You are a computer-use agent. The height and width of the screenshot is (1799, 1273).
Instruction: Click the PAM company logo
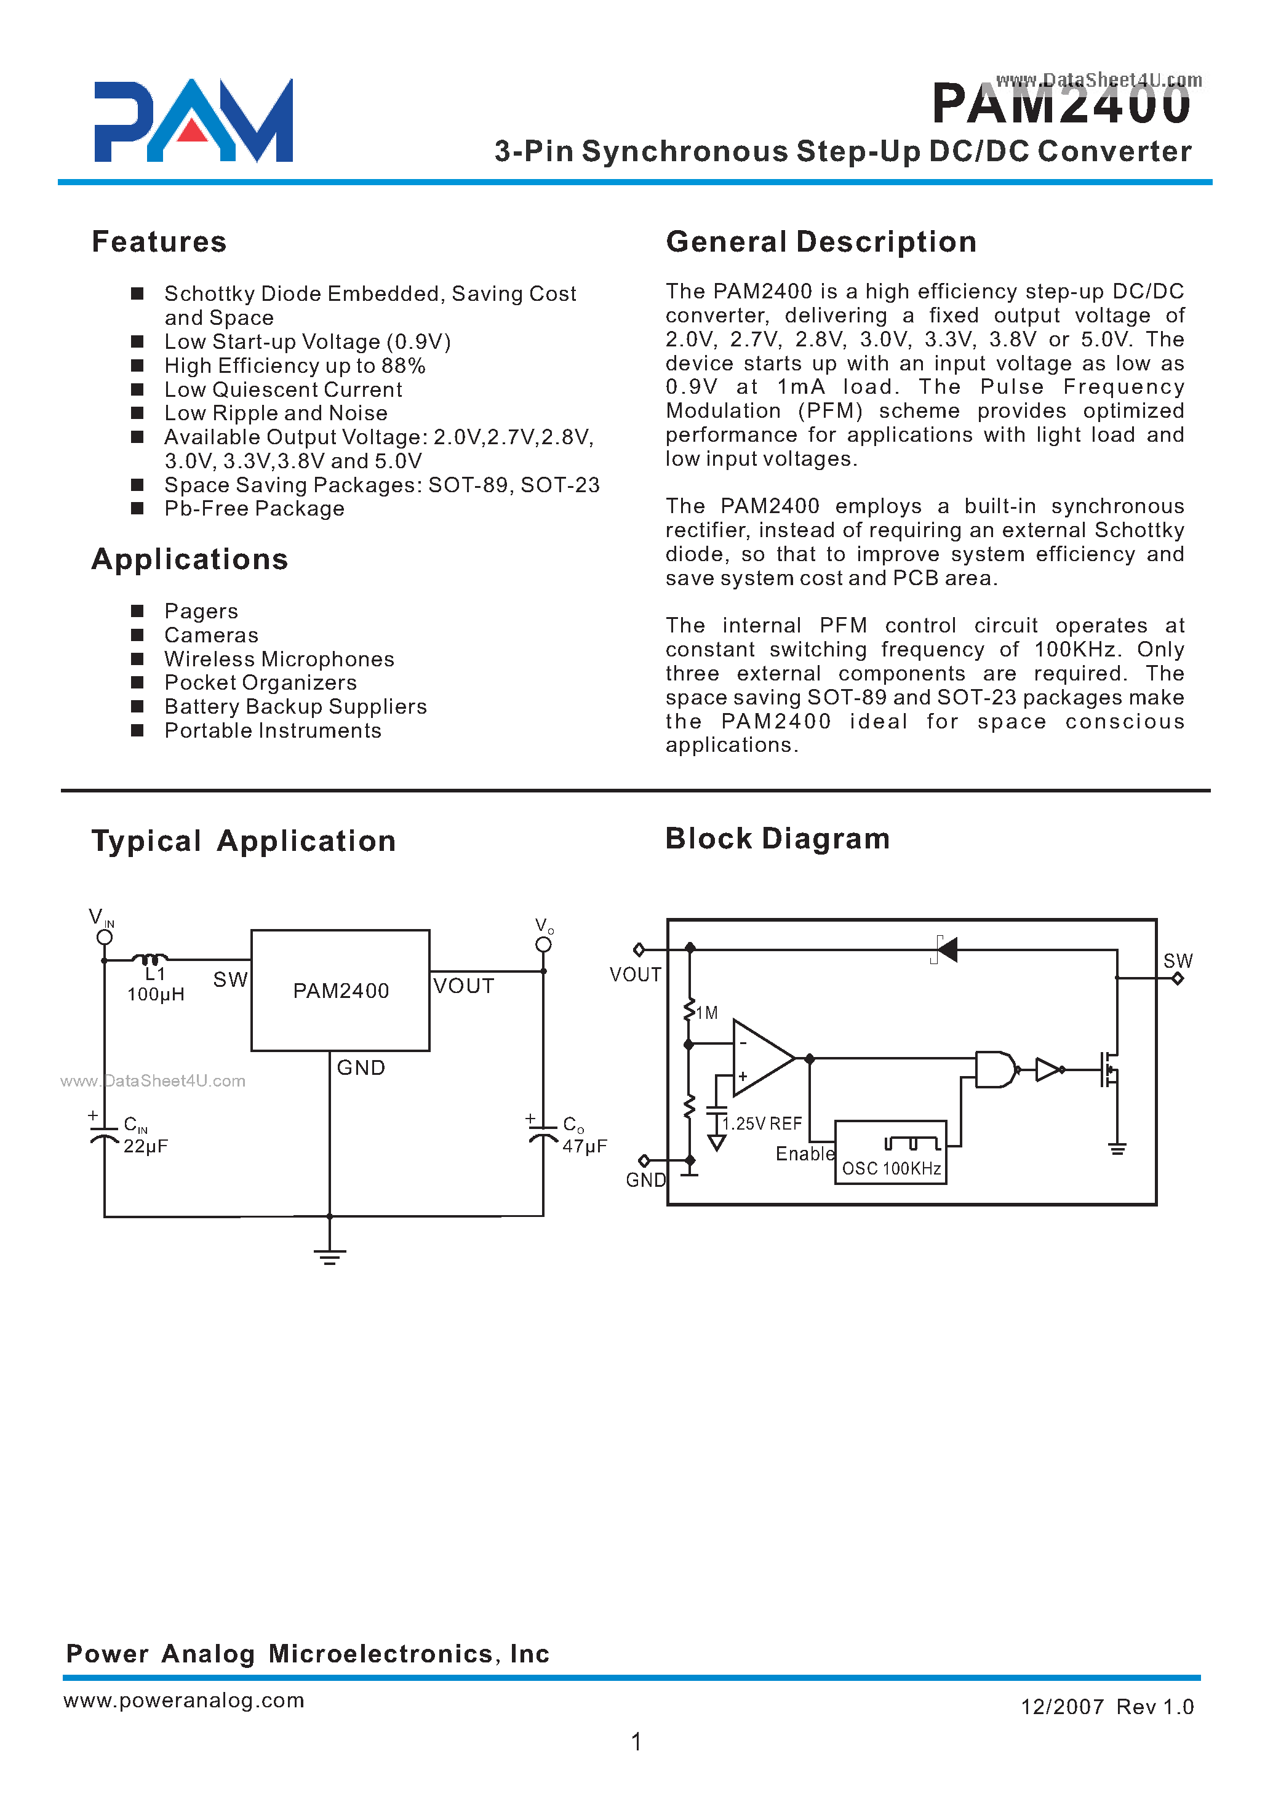(193, 121)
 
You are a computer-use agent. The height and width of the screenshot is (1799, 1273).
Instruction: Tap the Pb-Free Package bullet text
(254, 509)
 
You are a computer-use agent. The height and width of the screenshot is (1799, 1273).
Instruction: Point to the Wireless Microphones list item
(279, 658)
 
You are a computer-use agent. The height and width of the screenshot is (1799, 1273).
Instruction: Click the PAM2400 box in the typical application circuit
(340, 990)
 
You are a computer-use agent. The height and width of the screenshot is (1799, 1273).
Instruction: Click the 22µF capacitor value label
(146, 1146)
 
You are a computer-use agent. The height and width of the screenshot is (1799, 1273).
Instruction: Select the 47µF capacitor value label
(584, 1146)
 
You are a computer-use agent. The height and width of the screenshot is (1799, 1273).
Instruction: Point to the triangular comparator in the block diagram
(761, 1058)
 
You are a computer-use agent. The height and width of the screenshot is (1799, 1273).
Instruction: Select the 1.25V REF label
(762, 1123)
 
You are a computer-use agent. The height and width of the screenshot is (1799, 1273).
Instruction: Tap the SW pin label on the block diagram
(1178, 960)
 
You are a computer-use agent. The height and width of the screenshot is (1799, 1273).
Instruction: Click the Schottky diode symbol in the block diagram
(946, 950)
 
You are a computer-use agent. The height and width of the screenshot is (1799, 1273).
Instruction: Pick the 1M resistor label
(706, 1013)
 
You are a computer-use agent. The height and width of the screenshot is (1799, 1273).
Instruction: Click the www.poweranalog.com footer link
(183, 1699)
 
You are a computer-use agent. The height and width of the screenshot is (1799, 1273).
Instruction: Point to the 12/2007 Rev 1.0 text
(1106, 1707)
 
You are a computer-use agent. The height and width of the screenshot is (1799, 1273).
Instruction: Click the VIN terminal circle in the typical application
(104, 938)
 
